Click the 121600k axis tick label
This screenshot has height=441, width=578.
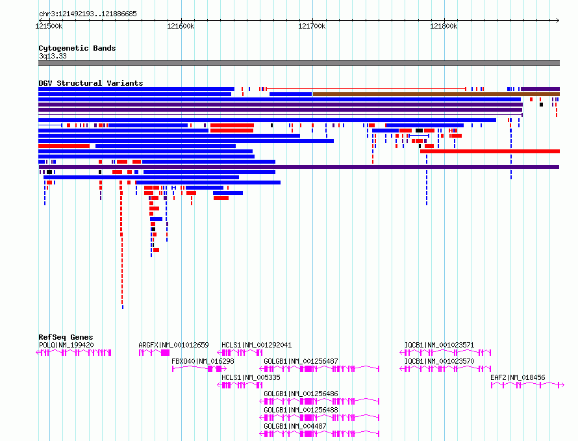[x=181, y=26]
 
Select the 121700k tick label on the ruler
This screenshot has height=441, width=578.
[x=312, y=26]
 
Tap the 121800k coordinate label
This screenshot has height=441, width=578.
[x=444, y=26]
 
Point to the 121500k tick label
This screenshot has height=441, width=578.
[x=49, y=26]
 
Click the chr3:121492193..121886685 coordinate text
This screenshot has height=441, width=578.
[x=88, y=14]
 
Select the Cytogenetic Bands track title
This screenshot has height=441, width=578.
[x=77, y=48]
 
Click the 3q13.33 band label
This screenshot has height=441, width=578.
[x=53, y=56]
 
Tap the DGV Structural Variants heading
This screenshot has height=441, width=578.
[x=91, y=83]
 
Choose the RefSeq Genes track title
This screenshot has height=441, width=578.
[x=66, y=337]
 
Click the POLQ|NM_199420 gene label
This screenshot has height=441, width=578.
[x=66, y=345]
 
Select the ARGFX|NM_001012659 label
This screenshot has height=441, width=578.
[x=173, y=345]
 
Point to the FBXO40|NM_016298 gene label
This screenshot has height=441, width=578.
[x=203, y=361]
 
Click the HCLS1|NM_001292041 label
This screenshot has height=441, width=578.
[x=257, y=345]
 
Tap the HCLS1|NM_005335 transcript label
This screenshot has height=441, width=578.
[x=251, y=377]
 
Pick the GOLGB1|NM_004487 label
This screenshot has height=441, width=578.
[x=295, y=426]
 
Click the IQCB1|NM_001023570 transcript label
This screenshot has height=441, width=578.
[x=440, y=361]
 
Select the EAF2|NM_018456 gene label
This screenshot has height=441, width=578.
[x=518, y=377]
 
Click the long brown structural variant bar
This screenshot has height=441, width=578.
[x=436, y=94]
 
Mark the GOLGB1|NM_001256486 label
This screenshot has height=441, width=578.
[x=301, y=394]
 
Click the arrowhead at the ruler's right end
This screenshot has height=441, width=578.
[x=558, y=21]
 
